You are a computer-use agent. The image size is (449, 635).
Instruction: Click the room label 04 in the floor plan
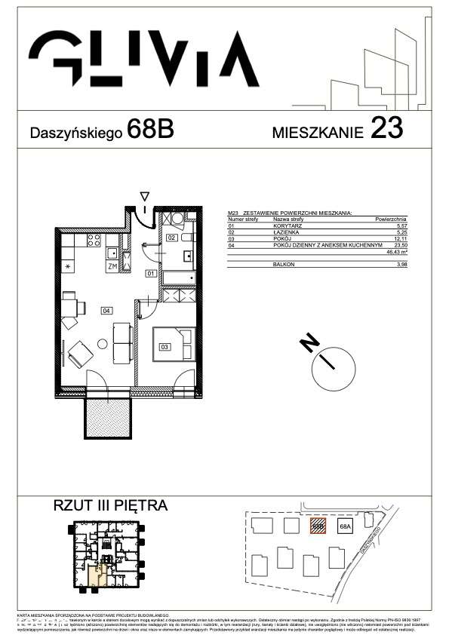(x=106, y=309)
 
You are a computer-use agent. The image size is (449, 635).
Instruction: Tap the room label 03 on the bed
(x=164, y=347)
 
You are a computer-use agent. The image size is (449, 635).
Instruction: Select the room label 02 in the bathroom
(x=172, y=238)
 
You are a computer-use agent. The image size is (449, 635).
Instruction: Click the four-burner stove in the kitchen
(x=95, y=241)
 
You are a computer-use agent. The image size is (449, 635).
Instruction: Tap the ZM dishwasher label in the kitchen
(x=112, y=267)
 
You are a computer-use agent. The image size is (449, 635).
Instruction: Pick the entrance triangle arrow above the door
(x=145, y=197)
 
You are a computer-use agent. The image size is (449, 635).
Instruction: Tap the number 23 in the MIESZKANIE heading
(x=386, y=130)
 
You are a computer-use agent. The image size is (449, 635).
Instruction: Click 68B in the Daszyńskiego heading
(x=151, y=130)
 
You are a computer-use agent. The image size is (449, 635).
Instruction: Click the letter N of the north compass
(x=308, y=342)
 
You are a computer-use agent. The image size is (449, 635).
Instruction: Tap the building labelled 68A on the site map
(x=346, y=526)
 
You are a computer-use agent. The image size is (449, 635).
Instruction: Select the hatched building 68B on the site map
(x=319, y=526)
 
